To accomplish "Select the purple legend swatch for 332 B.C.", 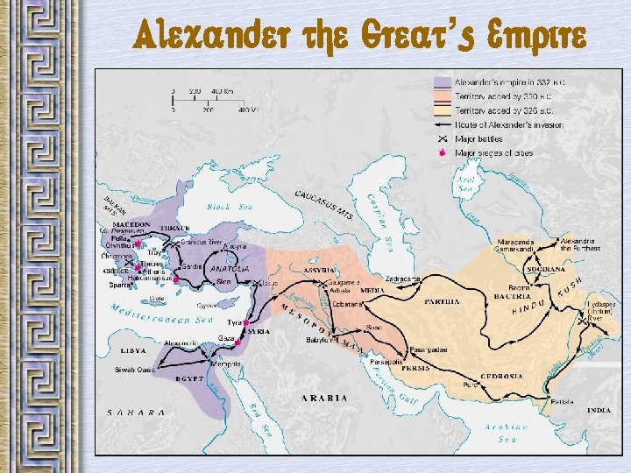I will [x=443, y=82].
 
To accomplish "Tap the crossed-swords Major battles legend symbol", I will [x=443, y=138].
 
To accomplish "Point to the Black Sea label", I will [x=229, y=208].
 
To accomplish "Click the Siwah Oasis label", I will [x=132, y=371].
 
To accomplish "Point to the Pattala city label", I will [x=563, y=402].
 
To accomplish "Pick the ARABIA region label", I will [x=325, y=398].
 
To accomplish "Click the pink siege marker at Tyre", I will [x=247, y=322].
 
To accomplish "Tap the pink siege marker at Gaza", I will [x=237, y=342].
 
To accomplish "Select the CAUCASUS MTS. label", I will [x=323, y=202].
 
